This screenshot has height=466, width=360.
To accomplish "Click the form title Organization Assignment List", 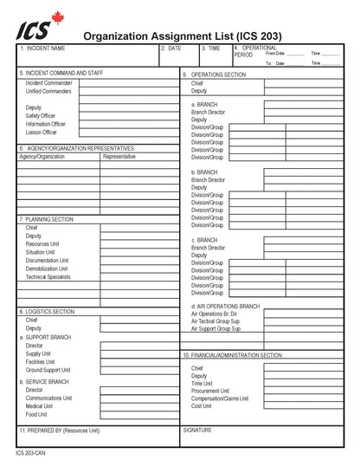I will pos(182,36).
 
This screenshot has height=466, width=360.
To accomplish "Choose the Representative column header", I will pos(119,157).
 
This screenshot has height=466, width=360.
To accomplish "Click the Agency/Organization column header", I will pos(42,157).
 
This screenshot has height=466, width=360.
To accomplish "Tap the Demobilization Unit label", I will pos(48,269).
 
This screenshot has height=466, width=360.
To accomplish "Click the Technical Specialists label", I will pos(48,277).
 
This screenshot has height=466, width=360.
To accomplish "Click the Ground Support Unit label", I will pos(48,370).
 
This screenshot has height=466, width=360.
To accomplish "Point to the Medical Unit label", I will pos(39,405).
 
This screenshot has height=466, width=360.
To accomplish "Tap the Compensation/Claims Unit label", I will pos(220,398).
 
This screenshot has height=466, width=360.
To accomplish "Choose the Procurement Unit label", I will pos(210,391).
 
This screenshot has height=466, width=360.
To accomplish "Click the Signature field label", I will pos(197,430).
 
